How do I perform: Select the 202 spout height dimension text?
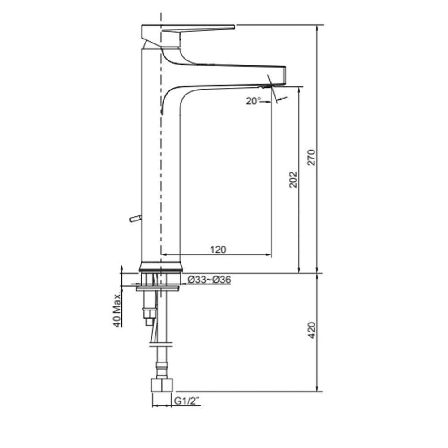pos(293,179)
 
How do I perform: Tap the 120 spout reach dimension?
pos(218,250)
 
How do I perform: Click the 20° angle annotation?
pos(253,101)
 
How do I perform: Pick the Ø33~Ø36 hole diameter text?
pos(209,280)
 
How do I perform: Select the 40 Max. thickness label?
pos(118,310)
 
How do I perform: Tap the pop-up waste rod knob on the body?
pos(134,219)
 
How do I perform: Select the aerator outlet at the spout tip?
pos(268,85)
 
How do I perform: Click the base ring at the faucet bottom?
pos(161,267)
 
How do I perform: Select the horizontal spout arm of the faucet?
pos(233,69)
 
